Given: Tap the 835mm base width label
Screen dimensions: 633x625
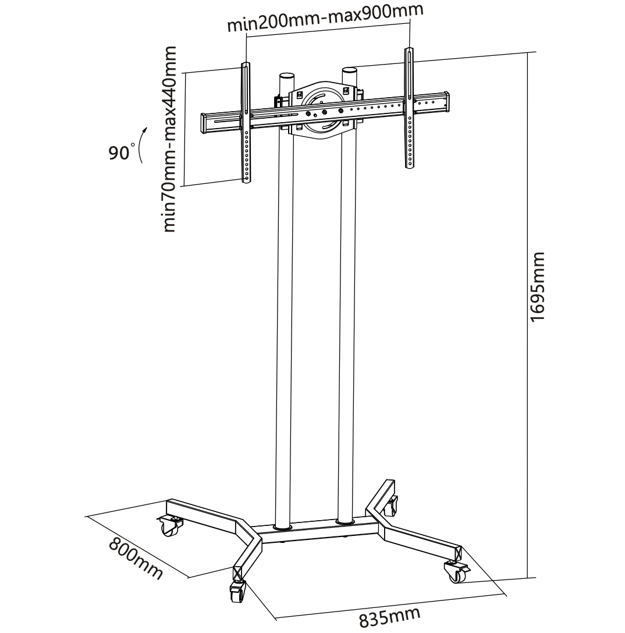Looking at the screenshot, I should (x=390, y=617).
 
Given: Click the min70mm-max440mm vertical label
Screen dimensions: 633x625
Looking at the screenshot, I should (x=169, y=140).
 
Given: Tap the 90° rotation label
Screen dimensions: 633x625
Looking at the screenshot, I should (x=121, y=152).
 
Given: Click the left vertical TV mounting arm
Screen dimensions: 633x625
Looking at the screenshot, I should (x=246, y=123).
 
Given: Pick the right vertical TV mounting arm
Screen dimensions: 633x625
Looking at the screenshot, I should (x=409, y=108).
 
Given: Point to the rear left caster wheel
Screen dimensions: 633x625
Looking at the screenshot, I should (x=170, y=526).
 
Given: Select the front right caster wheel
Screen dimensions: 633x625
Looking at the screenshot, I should (x=456, y=572).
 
